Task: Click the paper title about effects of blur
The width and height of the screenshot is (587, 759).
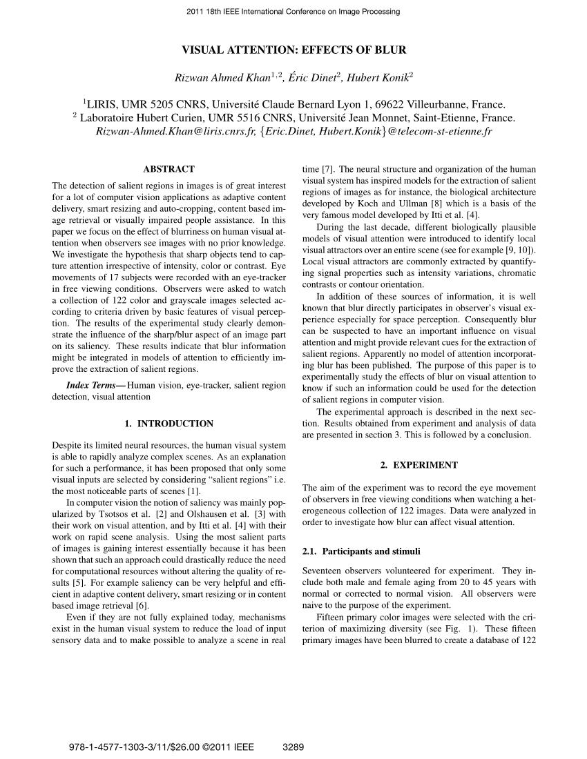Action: click(x=293, y=50)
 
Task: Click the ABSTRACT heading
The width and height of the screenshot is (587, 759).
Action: click(x=169, y=169)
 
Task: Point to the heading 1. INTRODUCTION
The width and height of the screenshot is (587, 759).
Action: click(x=169, y=424)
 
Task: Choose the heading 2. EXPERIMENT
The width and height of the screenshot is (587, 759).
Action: click(x=418, y=465)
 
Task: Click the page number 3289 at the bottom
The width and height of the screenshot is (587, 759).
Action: click(x=294, y=747)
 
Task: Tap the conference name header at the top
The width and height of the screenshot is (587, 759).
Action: click(x=293, y=12)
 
